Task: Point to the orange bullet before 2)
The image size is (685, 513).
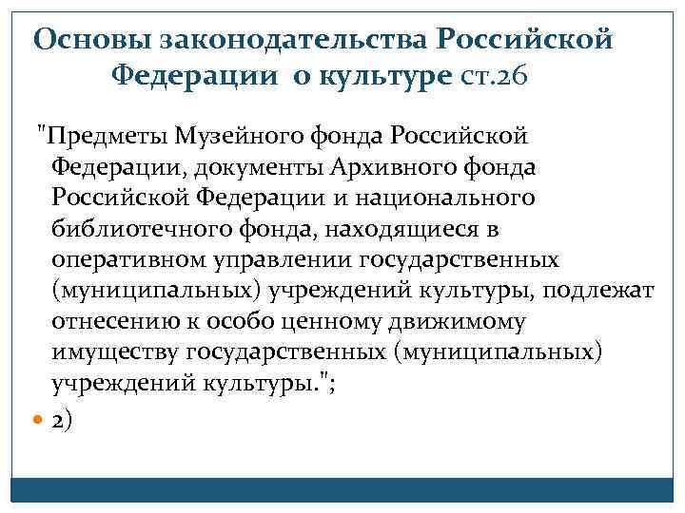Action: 38,418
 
